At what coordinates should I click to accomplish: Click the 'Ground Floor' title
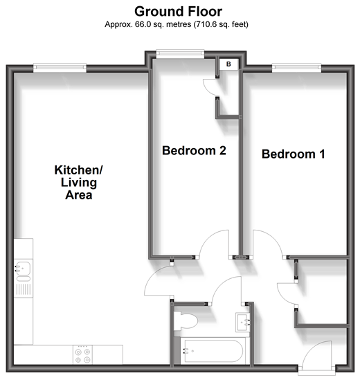pyautogui.click(x=178, y=11)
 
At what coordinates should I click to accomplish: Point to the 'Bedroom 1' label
pyautogui.click(x=294, y=154)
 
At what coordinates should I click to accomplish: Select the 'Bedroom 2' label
pyautogui.click(x=194, y=150)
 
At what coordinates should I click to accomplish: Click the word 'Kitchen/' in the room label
pyautogui.click(x=78, y=170)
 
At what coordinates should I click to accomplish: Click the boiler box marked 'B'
pyautogui.click(x=228, y=64)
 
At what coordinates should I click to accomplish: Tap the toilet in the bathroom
pyautogui.click(x=186, y=321)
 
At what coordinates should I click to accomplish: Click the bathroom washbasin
pyautogui.click(x=243, y=322)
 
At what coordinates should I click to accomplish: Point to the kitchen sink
pyautogui.click(x=23, y=269)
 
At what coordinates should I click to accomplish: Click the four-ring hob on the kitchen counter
pyautogui.click(x=82, y=355)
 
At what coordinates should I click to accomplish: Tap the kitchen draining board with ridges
pyautogui.click(x=24, y=290)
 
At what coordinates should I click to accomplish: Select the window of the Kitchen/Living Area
pyautogui.click(x=60, y=68)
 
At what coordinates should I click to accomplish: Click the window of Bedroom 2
pyautogui.click(x=180, y=54)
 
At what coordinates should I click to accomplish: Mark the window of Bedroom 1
pyautogui.click(x=297, y=68)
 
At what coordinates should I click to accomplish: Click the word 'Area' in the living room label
pyautogui.click(x=78, y=195)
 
